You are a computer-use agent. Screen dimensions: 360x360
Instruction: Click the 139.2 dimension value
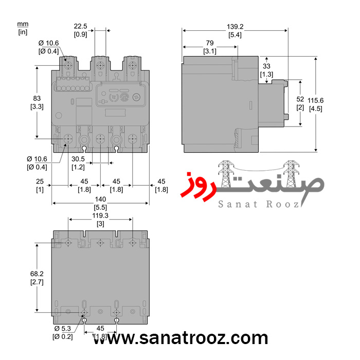coord(235,27)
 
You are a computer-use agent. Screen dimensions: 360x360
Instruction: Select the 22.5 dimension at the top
coord(80,26)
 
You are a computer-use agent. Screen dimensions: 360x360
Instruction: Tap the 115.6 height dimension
coord(315,100)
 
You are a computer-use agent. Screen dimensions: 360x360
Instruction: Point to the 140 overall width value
coord(100,199)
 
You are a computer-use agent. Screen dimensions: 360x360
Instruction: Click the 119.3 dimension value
coord(100,215)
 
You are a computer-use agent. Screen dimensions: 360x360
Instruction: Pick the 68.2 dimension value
coord(37,274)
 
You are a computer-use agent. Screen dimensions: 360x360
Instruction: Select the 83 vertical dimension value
coord(37,98)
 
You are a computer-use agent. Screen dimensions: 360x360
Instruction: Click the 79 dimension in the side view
coord(210,43)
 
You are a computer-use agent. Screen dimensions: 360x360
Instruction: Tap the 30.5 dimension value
coord(78,159)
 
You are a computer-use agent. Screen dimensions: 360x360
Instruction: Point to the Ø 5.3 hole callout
coord(63,329)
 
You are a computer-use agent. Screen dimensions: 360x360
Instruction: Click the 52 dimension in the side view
coord(300,99)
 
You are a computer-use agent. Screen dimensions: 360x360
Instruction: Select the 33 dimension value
coord(266,66)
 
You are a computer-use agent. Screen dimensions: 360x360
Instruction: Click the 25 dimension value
coord(40,182)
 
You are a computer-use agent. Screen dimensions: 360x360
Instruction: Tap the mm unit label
coord(23,24)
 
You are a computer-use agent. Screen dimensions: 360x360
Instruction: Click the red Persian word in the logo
coord(198,186)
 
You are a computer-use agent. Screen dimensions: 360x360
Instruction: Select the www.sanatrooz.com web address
coord(181,338)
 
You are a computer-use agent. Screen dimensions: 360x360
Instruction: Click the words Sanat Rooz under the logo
coord(258,204)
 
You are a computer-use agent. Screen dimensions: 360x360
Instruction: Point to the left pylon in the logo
coord(225,174)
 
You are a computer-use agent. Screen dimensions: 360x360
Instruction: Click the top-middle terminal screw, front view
coord(100,66)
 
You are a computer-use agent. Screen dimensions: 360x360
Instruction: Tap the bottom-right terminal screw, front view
coord(133,139)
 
